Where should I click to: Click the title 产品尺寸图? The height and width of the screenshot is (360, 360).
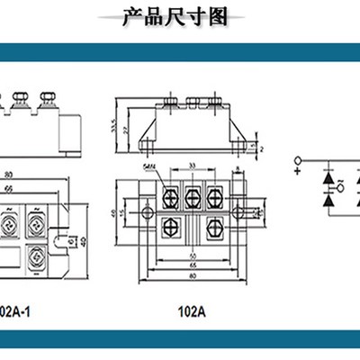tap(179, 16)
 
